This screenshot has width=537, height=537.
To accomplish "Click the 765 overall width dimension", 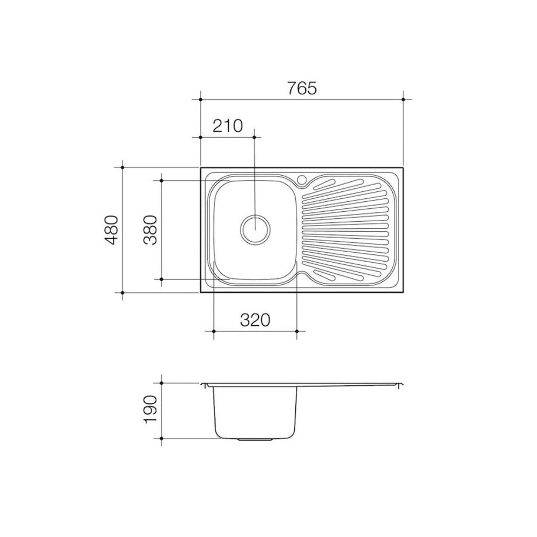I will click(302, 89).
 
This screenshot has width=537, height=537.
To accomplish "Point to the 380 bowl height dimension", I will click(151, 230).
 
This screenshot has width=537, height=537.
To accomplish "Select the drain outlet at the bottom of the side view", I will click(255, 438).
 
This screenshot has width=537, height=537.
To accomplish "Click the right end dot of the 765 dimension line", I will click(403, 99).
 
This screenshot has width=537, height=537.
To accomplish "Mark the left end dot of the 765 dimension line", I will click(201, 99).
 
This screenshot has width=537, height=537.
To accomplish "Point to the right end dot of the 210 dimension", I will click(255, 137).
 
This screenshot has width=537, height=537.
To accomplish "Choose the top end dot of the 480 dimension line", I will click(122, 168).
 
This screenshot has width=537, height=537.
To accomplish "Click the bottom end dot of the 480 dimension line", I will click(122, 292).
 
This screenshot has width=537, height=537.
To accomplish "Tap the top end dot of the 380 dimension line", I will click(162, 180).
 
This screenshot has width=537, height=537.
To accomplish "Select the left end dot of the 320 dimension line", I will click(214, 331).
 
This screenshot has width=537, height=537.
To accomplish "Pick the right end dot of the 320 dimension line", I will click(297, 331).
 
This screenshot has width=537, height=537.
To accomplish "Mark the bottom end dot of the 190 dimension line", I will click(162, 437).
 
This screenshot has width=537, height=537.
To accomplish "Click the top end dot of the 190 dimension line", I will click(162, 384).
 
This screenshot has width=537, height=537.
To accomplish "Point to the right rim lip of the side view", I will click(401, 386).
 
